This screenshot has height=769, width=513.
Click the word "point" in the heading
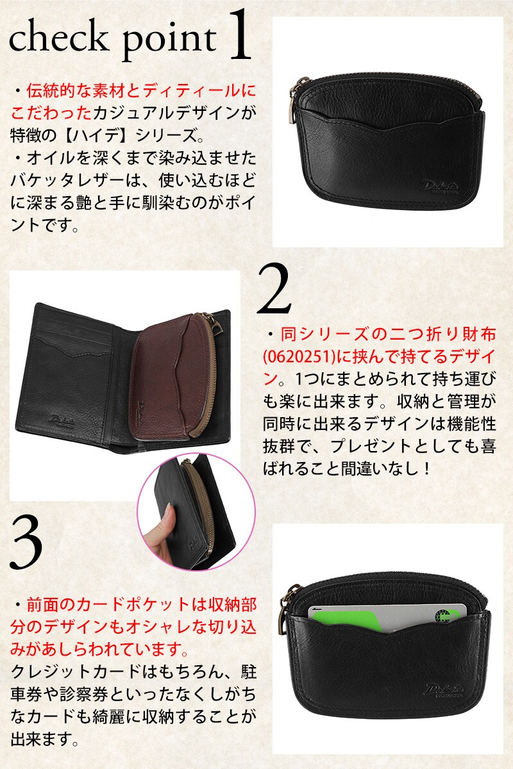[170, 42]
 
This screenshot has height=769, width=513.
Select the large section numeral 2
[274, 289]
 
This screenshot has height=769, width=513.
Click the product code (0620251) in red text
[299, 358]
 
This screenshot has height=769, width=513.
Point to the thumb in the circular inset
[167, 521]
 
